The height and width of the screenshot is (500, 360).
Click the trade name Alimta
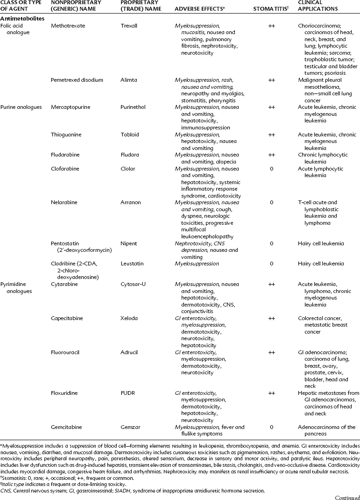tap(128, 80)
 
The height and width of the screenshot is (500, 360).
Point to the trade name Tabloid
tap(130, 134)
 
